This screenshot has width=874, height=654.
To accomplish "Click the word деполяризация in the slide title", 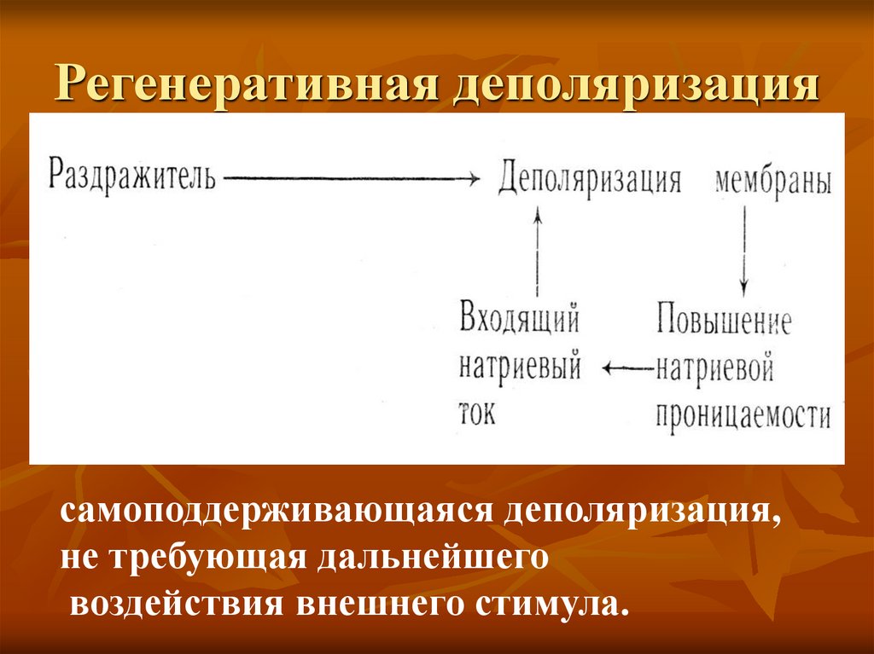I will (633, 87).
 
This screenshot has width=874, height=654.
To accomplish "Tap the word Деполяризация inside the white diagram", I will (590, 180).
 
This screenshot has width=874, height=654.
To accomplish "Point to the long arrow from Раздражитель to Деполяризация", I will (350, 178).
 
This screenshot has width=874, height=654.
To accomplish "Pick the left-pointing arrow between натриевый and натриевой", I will (627, 368).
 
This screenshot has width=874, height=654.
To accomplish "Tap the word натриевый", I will (520, 368).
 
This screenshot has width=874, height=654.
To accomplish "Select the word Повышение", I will (724, 322).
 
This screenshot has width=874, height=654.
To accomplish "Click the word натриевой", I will (714, 368).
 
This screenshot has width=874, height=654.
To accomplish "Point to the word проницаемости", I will (743, 415).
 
